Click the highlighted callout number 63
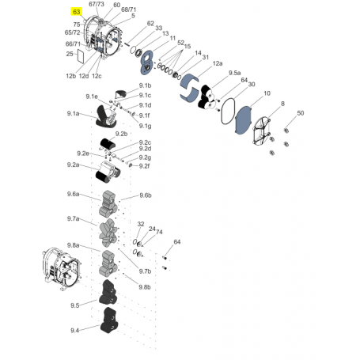76,12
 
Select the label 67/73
97,4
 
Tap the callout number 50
301,113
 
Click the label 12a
218,63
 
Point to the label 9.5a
234,73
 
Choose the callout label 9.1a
73,114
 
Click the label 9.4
74,330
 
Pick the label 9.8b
145,287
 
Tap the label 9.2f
144,166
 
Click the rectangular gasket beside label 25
81,56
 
